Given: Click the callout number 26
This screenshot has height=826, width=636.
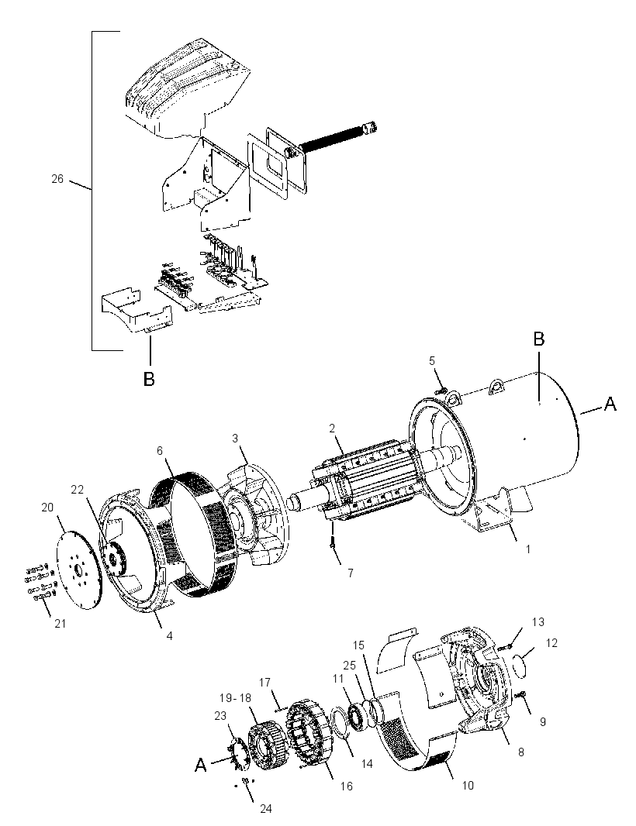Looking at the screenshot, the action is [57, 179].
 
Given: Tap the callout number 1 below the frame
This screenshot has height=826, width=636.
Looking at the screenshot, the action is [528, 549].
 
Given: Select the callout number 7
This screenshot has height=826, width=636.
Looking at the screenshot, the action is [350, 573].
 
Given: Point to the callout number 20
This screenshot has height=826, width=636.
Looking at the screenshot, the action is [47, 508].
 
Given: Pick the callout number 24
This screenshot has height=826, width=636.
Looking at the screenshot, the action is [266, 808].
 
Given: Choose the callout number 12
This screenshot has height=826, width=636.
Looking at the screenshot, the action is [551, 643].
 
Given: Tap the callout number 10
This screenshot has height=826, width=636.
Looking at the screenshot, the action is [467, 786].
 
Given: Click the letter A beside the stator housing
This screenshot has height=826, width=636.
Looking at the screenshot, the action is [610, 404].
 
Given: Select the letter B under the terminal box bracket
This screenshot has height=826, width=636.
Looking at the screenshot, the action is [149, 379].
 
